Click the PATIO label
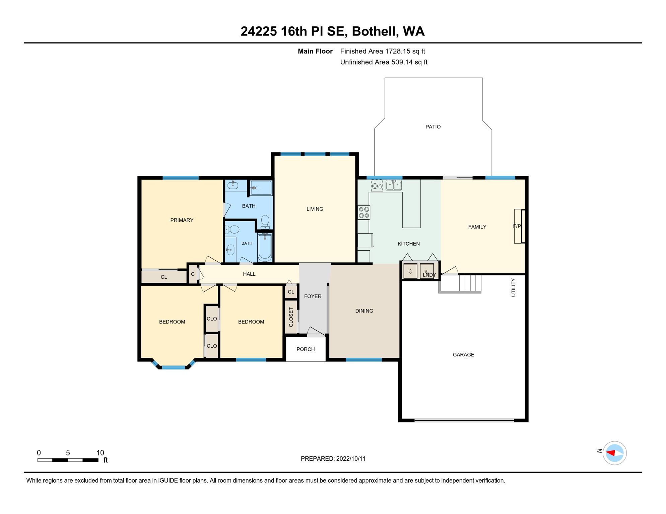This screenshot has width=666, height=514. tap(433, 127)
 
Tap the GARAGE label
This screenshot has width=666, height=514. tap(463, 355)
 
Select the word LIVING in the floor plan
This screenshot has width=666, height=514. tap(315, 209)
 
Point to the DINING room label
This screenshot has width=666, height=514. tap(364, 311)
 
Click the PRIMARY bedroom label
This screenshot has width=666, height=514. tap(182, 220)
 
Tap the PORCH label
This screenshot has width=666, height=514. tap(306, 349)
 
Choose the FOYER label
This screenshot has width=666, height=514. tap(313, 296)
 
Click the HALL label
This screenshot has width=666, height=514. tap(249, 274)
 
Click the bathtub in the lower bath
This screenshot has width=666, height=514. tap(265, 247)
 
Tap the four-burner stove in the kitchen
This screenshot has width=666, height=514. tap(364, 212)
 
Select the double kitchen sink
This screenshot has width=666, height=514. tap(394, 185)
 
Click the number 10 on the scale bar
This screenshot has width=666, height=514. tap(100, 453)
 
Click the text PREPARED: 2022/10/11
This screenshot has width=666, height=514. tap(333, 459)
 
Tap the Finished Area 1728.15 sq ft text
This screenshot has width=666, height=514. tap(383, 51)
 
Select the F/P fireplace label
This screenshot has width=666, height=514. tap(517, 227)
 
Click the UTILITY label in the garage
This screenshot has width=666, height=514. tap(513, 287)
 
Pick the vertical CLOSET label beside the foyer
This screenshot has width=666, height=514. tap(291, 317)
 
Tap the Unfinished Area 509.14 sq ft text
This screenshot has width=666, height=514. tap(384, 62)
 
